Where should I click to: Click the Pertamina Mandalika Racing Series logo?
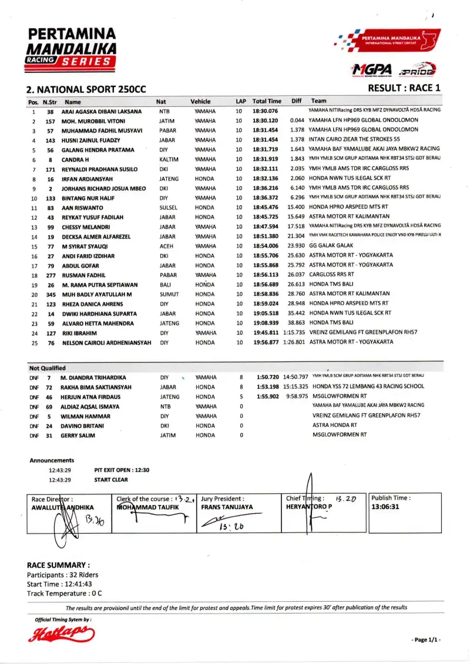72,48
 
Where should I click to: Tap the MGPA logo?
372,70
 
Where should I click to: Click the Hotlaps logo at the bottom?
61,633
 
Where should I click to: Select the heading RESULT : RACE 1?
404,89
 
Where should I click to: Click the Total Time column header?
267,102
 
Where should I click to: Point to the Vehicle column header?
200,102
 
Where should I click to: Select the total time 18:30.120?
265,121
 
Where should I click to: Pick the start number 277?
51,275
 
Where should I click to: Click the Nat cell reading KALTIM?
169,160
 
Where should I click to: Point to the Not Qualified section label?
48,368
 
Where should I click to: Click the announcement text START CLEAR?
111,480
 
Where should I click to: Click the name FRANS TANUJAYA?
227,507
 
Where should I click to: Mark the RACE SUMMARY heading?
59,565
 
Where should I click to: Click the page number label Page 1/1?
426,640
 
